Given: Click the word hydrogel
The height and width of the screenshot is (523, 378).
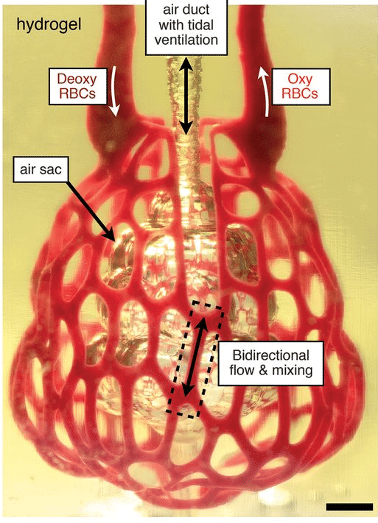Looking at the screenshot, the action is coord(49,25).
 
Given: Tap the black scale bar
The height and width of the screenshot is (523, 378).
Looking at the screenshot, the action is coord(349,507).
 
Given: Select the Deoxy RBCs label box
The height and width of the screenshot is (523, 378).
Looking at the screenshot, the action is coord(78,86).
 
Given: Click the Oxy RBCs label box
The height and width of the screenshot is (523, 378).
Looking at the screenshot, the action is coord(301,86).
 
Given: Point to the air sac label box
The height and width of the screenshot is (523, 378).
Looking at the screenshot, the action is coord(41,169).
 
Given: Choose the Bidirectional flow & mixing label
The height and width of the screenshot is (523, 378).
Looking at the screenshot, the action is coord(271,363).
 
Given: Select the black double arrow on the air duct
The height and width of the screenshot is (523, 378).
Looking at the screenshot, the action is coord(186,96).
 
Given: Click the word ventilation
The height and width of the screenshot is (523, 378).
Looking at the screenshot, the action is coord(186,40).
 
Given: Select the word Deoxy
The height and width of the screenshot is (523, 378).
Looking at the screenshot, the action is coord(77,79).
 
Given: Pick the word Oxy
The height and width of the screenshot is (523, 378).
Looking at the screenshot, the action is coord(300,79).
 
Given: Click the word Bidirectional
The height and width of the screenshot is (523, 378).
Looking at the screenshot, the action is coord(271,355).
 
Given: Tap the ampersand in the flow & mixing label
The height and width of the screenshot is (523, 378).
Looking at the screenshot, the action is coord(263,370).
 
